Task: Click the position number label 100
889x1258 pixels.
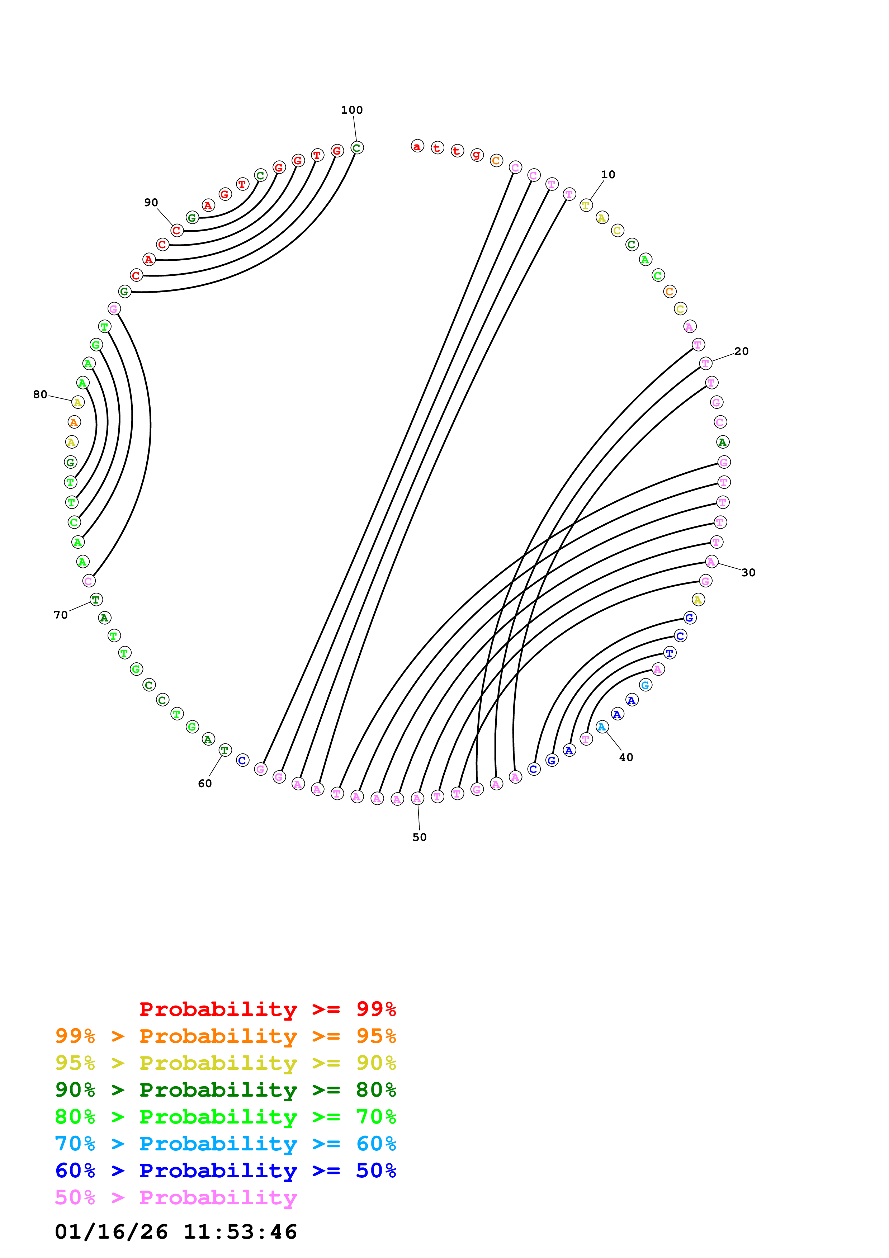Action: point(352,110)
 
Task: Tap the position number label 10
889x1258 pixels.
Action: point(608,175)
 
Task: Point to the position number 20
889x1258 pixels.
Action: point(741,351)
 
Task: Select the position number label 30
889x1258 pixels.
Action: point(748,573)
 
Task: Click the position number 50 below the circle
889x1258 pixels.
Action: point(420,837)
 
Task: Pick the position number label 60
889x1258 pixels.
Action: point(205,784)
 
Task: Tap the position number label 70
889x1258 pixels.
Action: point(61,615)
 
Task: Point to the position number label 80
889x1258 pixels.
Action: point(40,394)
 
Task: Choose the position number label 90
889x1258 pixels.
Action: point(151,203)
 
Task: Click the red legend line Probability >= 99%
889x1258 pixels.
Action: point(267,1009)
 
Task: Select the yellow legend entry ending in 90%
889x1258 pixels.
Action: point(226,1063)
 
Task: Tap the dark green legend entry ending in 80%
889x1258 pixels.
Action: point(226,1090)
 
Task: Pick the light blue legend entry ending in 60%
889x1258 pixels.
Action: point(226,1144)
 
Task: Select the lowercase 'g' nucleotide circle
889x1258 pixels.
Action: point(477,155)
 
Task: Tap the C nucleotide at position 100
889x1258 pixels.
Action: point(356,148)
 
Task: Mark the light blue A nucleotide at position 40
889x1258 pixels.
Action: point(602,727)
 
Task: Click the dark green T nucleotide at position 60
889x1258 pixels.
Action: point(224,750)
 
